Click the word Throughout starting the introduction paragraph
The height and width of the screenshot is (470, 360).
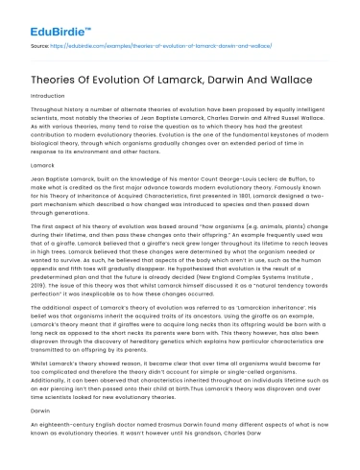point(37,118)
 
